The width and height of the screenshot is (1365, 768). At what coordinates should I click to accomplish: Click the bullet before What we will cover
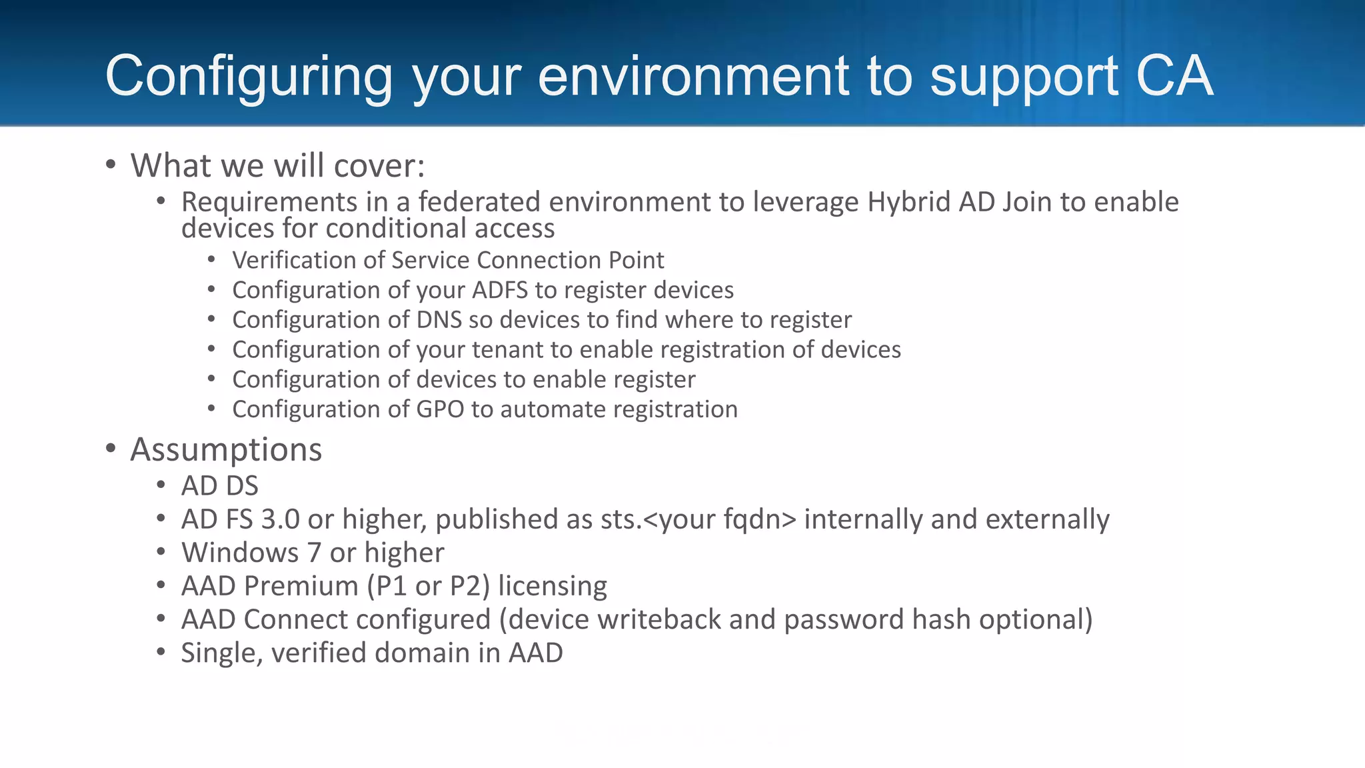(x=111, y=164)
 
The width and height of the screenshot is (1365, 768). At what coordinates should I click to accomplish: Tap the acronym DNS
(x=439, y=320)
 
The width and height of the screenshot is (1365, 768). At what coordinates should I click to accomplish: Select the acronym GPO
(x=440, y=409)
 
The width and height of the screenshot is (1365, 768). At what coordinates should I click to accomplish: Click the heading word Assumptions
(x=226, y=449)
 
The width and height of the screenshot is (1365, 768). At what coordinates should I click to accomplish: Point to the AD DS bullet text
(x=219, y=486)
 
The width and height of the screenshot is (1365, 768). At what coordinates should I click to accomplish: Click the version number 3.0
(x=280, y=519)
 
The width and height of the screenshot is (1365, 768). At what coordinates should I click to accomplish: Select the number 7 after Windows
(x=314, y=553)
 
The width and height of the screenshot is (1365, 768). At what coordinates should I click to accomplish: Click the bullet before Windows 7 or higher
(x=161, y=552)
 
